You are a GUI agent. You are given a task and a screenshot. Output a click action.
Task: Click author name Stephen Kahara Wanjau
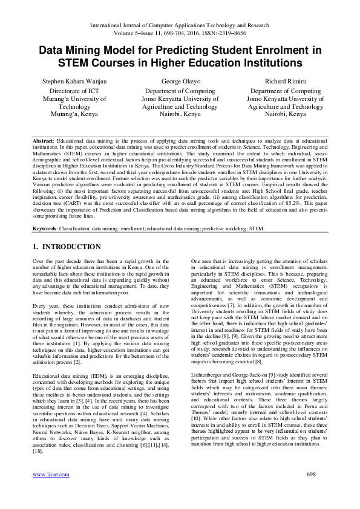tap(74, 80)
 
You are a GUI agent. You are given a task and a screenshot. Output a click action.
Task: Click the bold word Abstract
tap(42, 140)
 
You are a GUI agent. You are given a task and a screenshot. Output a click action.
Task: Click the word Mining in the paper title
tap(92, 51)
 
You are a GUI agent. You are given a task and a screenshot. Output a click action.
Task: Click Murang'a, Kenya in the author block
tap(74, 114)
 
